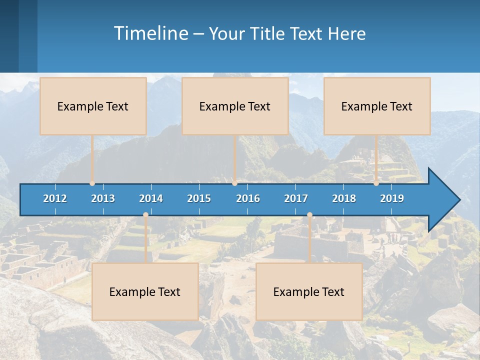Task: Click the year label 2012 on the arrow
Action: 55,198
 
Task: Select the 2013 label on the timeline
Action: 103,198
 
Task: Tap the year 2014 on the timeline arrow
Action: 151,198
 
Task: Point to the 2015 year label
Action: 199,198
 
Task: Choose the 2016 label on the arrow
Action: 248,198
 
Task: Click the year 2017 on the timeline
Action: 296,198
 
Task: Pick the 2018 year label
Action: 344,198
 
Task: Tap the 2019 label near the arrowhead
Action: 392,198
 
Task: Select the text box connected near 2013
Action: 93,106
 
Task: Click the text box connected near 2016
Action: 235,106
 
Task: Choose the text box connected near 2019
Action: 377,106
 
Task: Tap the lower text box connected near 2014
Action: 145,291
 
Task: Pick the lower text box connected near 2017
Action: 309,291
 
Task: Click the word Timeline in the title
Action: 150,33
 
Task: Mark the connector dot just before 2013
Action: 92,183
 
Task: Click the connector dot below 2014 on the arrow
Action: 145,215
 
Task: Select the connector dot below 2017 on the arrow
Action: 309,215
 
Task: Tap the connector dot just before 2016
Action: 234,183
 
